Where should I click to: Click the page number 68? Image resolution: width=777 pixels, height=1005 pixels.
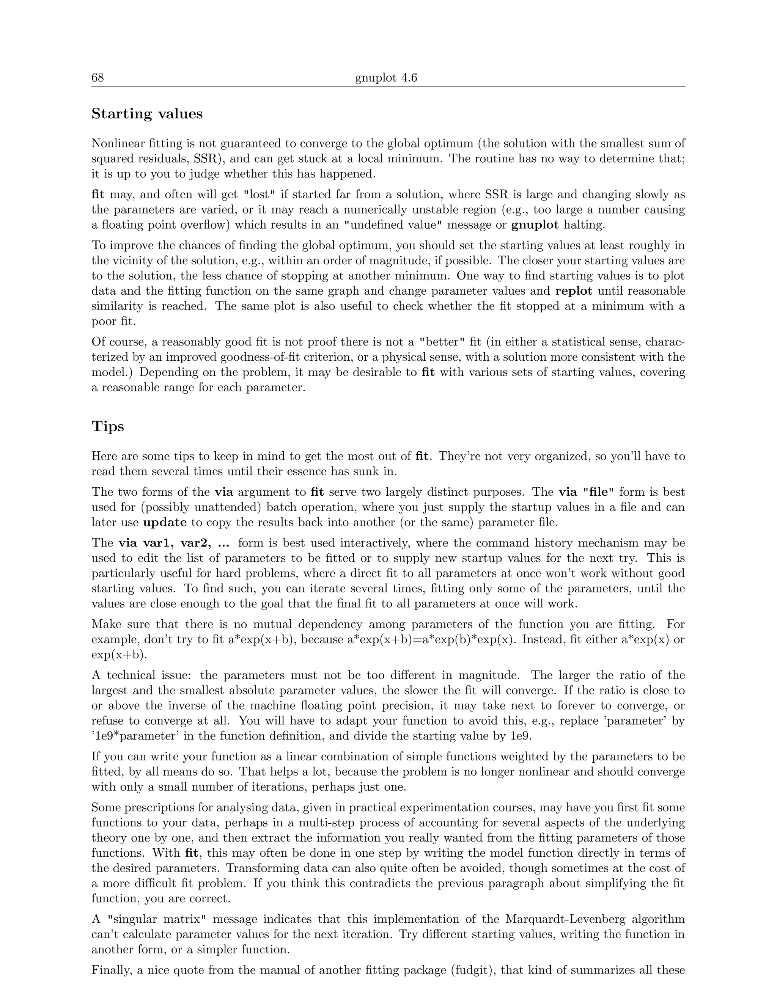(x=98, y=78)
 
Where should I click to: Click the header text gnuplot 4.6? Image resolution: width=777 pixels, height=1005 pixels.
(x=386, y=78)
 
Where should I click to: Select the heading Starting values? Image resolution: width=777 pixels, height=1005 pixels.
(x=147, y=114)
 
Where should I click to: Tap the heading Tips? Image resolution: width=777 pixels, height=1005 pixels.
(x=108, y=426)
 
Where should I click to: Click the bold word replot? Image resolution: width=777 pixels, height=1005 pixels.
(x=574, y=291)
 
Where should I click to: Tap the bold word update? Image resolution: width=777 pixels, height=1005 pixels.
(x=165, y=522)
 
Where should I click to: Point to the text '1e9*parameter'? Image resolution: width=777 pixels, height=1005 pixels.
(x=135, y=736)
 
